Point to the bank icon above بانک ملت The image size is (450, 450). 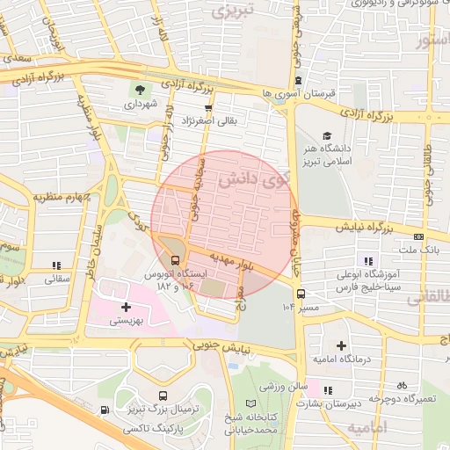[418, 236]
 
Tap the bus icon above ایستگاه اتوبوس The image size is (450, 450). [176, 260]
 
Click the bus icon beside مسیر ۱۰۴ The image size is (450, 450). [301, 294]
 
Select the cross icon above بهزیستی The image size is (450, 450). [127, 307]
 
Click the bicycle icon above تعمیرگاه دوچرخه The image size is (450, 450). [402, 385]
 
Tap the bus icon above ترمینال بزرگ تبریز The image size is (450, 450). [163, 396]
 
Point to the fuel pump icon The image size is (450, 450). [105, 410]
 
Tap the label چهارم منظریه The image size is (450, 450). [63, 197]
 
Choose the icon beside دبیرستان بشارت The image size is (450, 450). [328, 391]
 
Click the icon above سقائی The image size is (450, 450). [57, 265]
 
